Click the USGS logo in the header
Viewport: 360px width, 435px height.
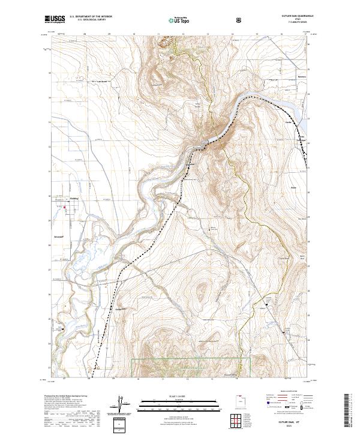coord(55,20)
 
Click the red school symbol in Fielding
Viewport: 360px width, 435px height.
coord(65,208)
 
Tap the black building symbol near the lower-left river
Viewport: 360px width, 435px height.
coord(62,328)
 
